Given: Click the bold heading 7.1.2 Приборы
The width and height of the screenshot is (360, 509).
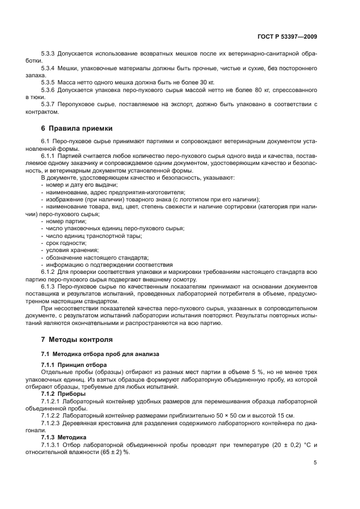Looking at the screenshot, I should [x=63, y=393].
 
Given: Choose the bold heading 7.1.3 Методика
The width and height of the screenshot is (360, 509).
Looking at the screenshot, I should [x=64, y=436].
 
